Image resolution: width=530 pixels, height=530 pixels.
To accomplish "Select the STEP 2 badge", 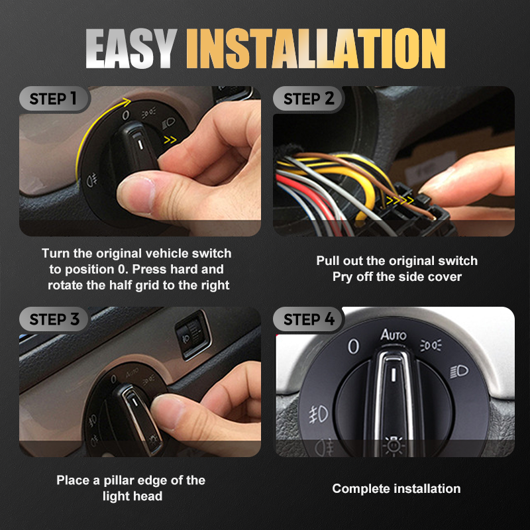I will coord(309,99).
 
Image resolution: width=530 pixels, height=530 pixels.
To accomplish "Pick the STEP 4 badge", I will coord(309,319).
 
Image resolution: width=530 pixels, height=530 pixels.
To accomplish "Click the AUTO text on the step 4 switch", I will coord(393,335).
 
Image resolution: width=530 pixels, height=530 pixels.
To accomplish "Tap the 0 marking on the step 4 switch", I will coord(353,346).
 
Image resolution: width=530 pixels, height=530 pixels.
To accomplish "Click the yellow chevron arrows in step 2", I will coord(399,198).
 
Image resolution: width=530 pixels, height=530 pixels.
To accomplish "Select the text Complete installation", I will coord(396,489).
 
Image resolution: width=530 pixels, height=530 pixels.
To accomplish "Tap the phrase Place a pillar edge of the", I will coord(131,480).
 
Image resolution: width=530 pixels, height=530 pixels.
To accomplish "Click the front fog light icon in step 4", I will coord(318,414).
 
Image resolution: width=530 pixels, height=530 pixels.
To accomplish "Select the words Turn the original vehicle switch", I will coord(136,254).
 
